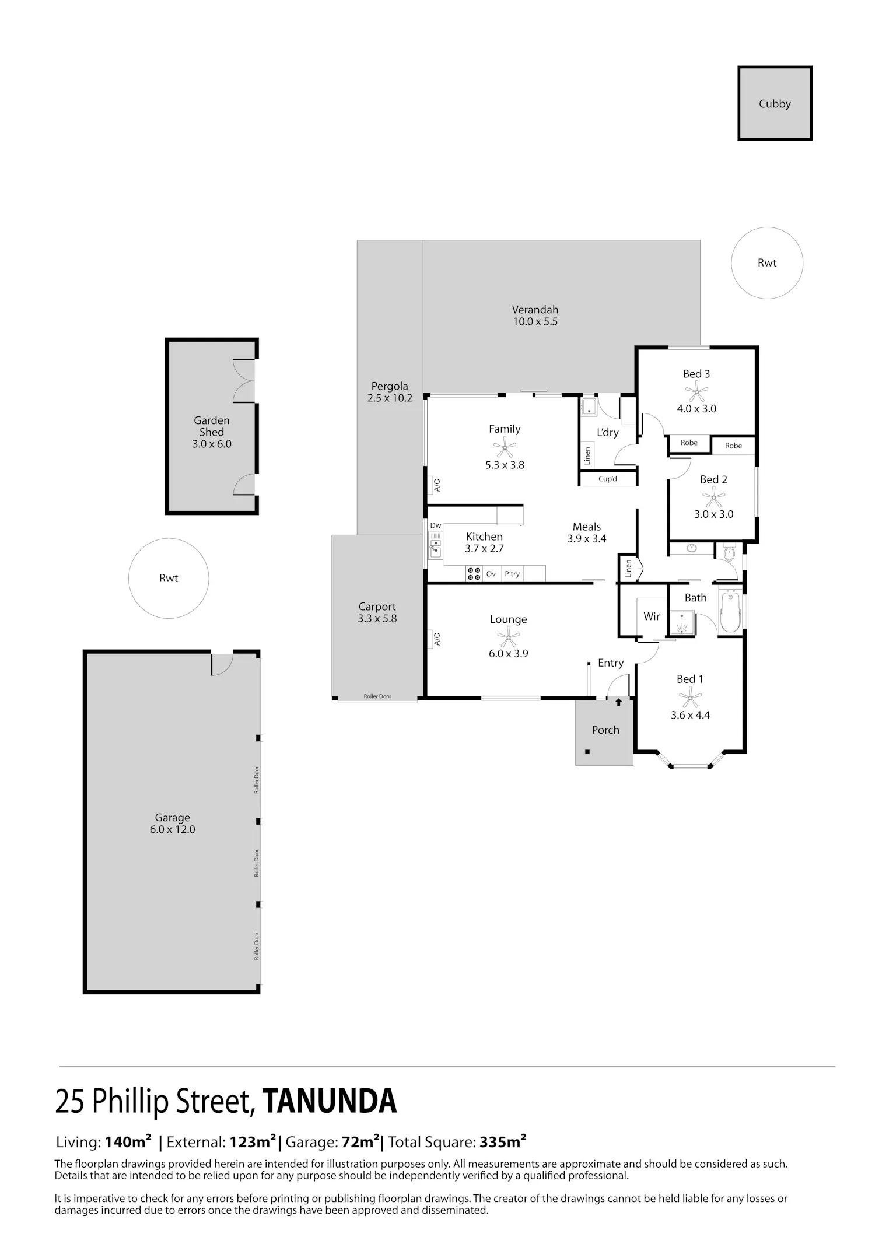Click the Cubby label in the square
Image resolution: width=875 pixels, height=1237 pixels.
tap(775, 104)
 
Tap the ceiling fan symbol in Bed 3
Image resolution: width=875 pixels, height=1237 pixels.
tap(696, 391)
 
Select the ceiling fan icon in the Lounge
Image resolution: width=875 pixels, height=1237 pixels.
tap(509, 636)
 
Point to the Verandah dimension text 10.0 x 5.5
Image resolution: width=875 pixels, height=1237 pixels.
tap(535, 321)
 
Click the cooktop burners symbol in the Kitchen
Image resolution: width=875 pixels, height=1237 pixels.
tap(474, 574)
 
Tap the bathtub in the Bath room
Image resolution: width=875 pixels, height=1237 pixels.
tap(730, 612)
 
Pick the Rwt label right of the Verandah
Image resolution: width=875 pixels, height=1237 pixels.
tap(767, 263)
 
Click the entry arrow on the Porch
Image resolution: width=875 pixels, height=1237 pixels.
tap(618, 703)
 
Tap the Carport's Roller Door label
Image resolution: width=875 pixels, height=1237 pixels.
tap(377, 696)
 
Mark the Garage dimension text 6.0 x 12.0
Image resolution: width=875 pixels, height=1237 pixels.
tap(172, 829)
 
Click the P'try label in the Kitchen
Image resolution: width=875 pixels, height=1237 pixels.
tap(512, 574)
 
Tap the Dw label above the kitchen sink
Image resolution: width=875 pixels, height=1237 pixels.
tap(436, 525)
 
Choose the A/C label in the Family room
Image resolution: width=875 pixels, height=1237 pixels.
tap(437, 485)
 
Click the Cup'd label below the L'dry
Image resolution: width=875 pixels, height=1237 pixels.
tap(608, 479)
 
